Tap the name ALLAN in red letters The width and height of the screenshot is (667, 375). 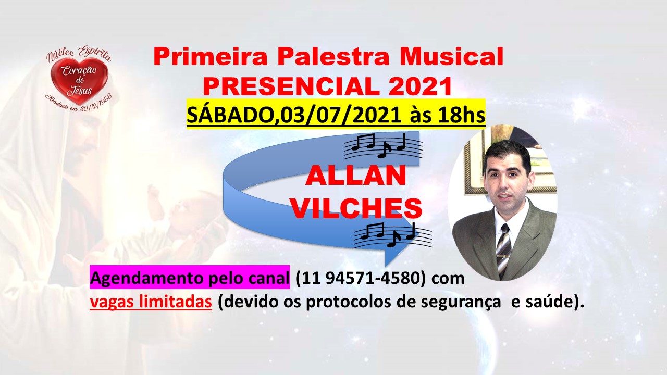(356, 176)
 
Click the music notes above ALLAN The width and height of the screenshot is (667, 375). (382, 146)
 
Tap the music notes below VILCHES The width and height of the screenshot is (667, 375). (392, 235)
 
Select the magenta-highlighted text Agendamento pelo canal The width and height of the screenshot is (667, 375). (190, 277)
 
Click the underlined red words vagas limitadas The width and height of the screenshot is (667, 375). (151, 302)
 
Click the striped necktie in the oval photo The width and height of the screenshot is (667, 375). (503, 251)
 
